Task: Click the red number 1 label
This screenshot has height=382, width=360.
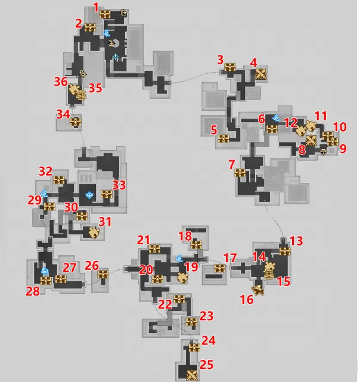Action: [x=96, y=7]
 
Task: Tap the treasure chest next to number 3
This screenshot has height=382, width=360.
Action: [x=230, y=67]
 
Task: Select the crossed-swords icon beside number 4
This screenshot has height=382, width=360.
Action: [x=261, y=74]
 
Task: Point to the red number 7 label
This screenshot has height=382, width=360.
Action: [x=231, y=164]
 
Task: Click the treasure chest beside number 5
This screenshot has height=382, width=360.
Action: [x=224, y=139]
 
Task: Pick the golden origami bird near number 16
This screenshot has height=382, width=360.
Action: [x=258, y=290]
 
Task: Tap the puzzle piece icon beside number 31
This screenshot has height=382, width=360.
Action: [x=94, y=232]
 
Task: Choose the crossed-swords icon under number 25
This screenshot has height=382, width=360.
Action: [x=193, y=375]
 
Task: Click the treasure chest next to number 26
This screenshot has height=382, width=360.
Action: [x=103, y=274]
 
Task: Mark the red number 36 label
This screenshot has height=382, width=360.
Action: [x=61, y=82]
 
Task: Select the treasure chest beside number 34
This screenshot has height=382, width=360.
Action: [x=76, y=122]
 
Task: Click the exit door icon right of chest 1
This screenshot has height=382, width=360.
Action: [x=124, y=13]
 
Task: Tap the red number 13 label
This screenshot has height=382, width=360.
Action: [x=296, y=241]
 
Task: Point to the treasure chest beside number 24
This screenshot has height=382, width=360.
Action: [x=194, y=347]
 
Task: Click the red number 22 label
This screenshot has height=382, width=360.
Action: [x=165, y=305]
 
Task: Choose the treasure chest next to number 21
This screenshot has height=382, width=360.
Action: [x=154, y=249]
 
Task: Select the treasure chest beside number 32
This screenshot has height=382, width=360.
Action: [x=59, y=180]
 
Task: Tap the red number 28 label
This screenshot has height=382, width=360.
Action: [x=33, y=291]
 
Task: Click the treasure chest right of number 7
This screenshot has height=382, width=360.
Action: [x=240, y=173]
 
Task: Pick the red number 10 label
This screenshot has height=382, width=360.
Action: [x=340, y=127]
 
